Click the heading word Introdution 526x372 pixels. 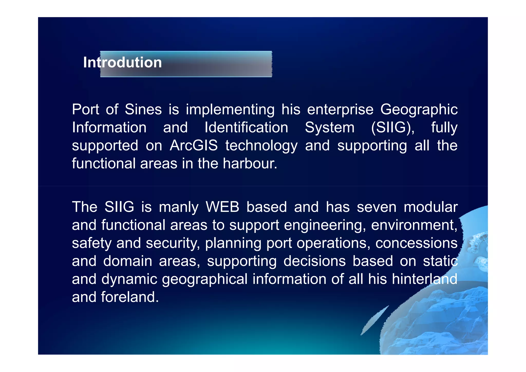122,62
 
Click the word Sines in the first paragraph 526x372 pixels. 143,109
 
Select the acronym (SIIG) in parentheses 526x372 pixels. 392,128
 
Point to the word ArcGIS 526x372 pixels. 194,146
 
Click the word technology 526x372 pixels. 261,146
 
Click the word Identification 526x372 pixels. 246,128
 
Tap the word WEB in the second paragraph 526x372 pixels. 222,207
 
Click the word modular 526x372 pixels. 430,207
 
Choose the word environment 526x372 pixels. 414,225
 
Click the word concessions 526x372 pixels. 416,243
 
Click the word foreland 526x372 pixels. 129,297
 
